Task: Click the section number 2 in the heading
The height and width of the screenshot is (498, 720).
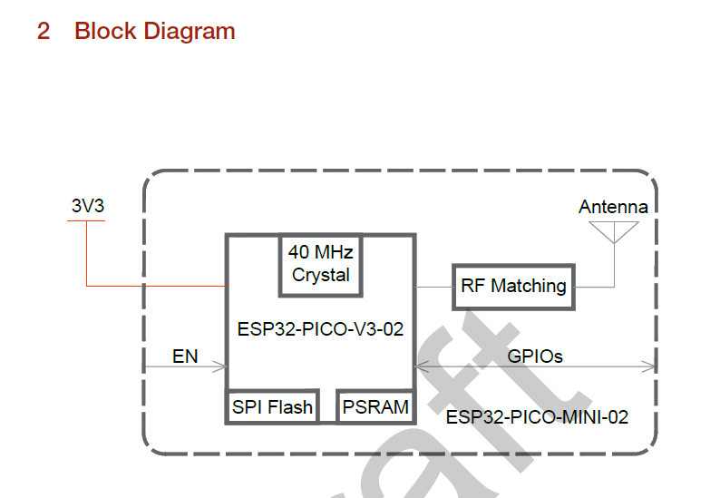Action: click(44, 31)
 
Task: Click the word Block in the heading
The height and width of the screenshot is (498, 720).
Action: click(105, 31)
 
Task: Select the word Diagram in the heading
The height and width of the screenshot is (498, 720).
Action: click(190, 32)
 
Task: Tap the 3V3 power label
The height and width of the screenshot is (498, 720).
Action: click(88, 206)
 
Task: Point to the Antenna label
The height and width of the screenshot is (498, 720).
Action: click(613, 207)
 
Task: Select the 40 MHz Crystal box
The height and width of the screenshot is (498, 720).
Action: click(320, 266)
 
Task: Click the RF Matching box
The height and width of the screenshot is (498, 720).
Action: click(513, 288)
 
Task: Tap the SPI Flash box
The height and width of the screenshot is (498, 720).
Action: click(272, 406)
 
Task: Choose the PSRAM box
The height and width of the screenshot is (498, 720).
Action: click(375, 406)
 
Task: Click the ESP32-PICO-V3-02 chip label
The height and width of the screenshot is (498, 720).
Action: click(320, 329)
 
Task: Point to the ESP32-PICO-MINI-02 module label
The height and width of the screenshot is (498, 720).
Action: click(537, 417)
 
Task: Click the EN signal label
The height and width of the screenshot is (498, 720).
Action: click(185, 356)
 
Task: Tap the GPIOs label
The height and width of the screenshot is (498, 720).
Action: click(535, 356)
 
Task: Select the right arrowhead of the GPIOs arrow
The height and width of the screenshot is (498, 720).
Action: click(649, 366)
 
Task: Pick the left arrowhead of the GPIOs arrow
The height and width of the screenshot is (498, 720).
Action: click(422, 366)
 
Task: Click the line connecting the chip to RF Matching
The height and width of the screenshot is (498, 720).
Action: click(434, 288)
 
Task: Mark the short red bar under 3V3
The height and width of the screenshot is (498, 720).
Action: click(86, 221)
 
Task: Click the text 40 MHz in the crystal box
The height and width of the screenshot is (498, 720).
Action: click(320, 252)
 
